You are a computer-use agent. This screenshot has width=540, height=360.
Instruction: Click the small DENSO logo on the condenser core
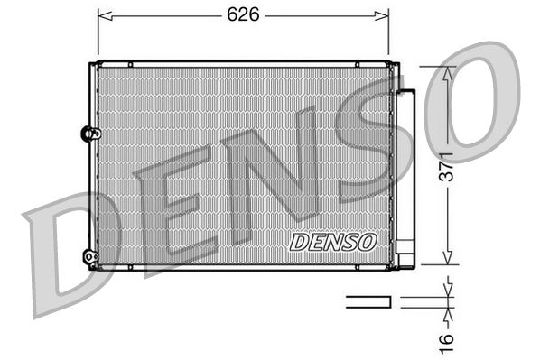pyautogui.click(x=333, y=242)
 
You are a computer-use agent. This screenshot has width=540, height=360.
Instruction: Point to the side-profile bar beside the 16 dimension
pyautogui.click(x=369, y=300)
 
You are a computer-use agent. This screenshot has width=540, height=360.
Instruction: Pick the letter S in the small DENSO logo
pyautogui.click(x=349, y=242)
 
